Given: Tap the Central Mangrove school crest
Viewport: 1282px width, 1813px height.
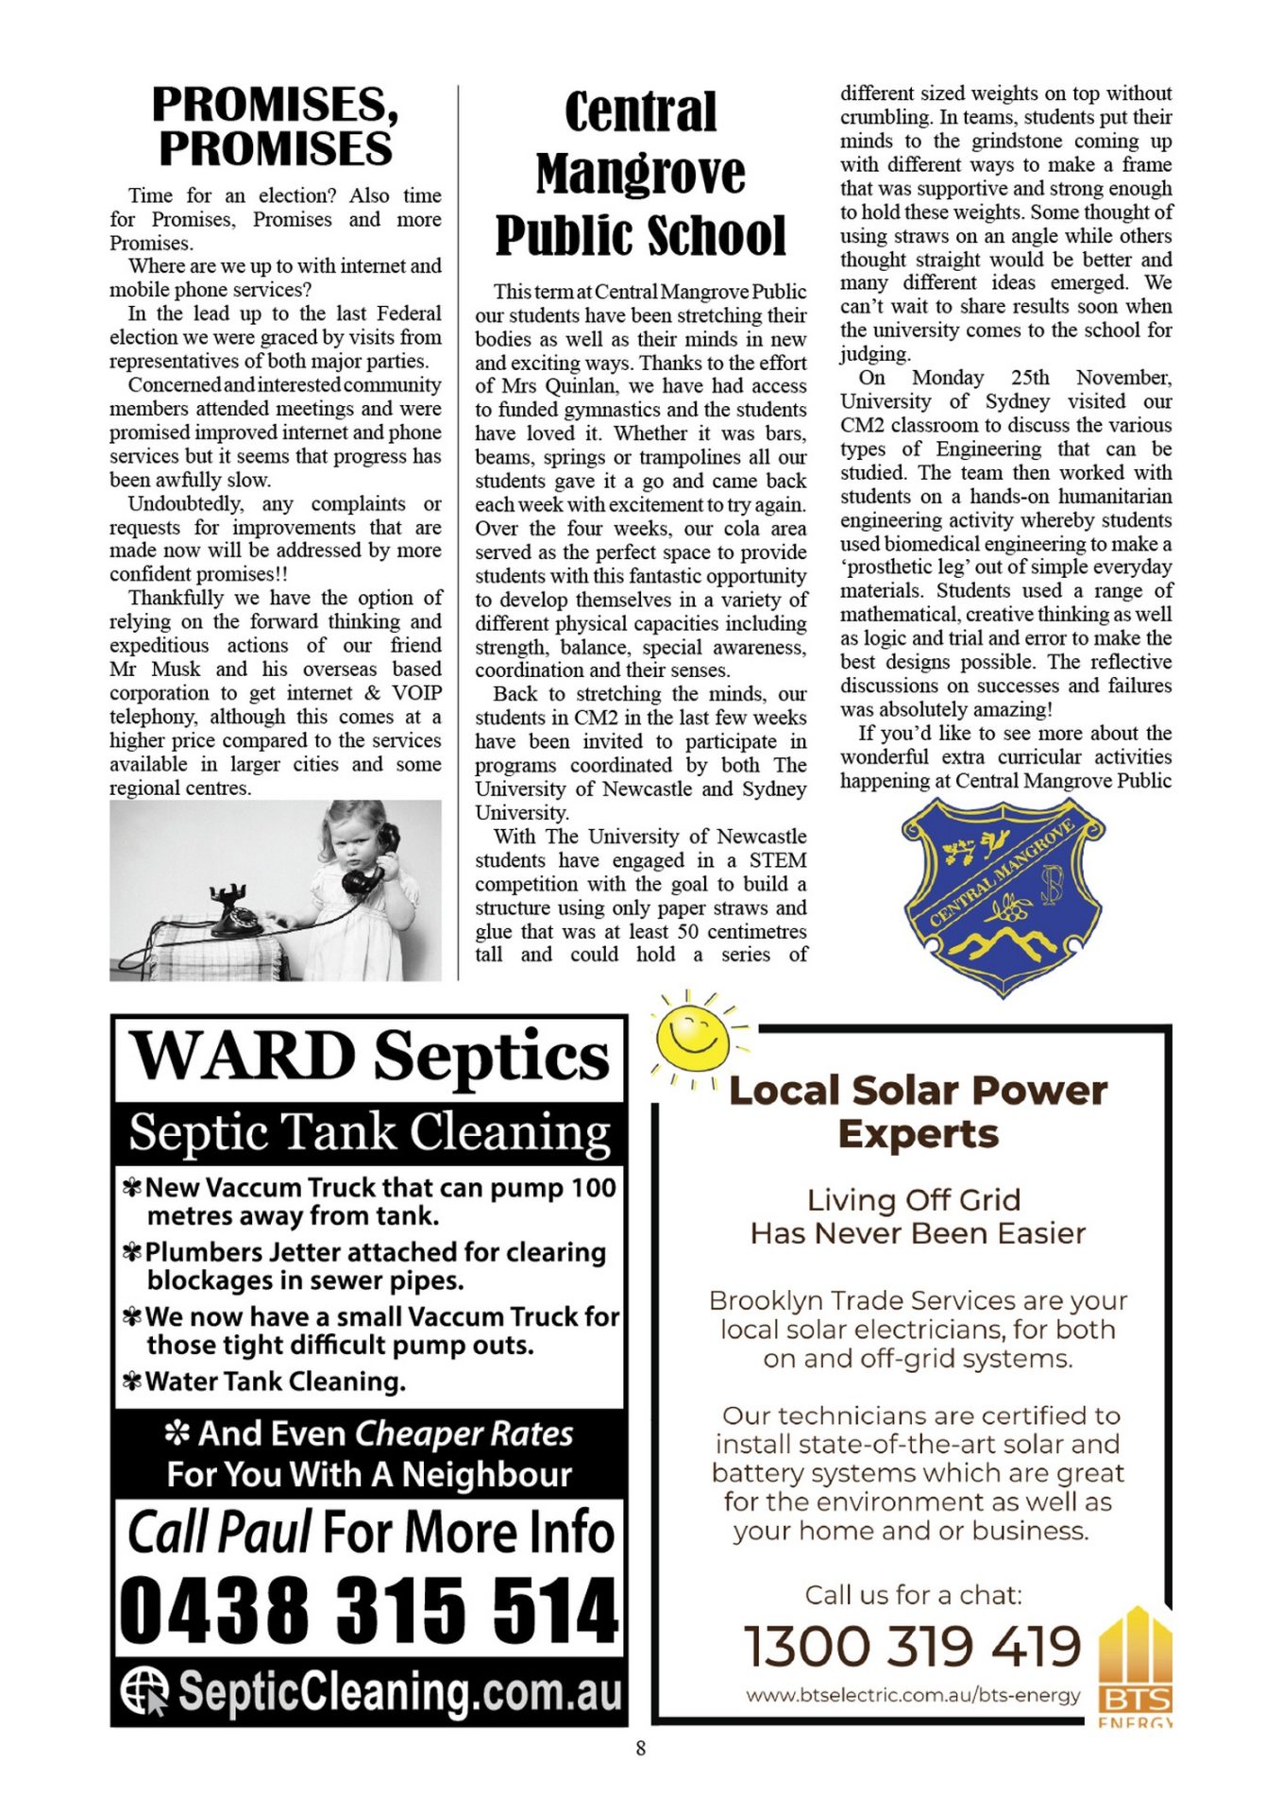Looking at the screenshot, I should click(1004, 895).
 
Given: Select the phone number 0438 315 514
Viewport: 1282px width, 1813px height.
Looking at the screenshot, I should click(368, 1610).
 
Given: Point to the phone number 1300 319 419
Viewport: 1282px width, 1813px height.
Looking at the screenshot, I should click(912, 1646).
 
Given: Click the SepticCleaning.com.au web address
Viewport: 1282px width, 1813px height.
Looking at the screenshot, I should click(400, 1692).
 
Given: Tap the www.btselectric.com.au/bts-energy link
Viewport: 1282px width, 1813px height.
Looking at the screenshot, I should click(912, 1695).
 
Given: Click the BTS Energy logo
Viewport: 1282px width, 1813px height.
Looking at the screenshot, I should click(1135, 1668).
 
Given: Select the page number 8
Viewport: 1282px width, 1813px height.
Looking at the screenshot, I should click(641, 1748).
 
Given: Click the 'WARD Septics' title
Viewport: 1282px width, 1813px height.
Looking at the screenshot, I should click(370, 1057).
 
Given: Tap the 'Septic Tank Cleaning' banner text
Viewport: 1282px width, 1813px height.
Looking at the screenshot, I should click(370, 1131).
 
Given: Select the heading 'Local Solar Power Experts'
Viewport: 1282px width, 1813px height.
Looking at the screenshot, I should click(918, 1111).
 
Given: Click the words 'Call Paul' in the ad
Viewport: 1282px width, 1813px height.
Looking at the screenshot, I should click(219, 1532).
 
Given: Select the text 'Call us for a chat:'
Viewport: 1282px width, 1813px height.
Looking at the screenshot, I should click(913, 1595).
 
